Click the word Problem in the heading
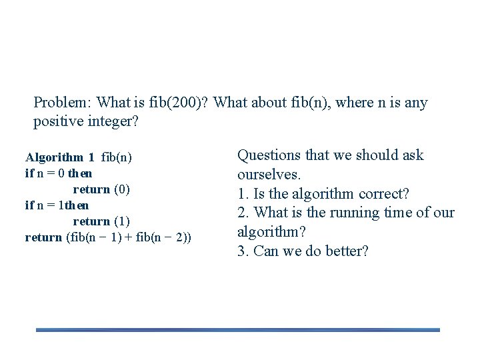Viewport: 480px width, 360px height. (x=62, y=103)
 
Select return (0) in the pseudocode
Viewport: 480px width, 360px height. (x=101, y=189)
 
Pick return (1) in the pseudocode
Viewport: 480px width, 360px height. (x=101, y=221)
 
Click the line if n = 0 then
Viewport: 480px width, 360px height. (x=59, y=173)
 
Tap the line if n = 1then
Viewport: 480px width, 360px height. (x=57, y=205)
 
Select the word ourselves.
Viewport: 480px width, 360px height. (x=269, y=175)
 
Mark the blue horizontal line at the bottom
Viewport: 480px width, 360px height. (x=237, y=329)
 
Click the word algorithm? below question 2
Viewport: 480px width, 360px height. (x=271, y=233)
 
